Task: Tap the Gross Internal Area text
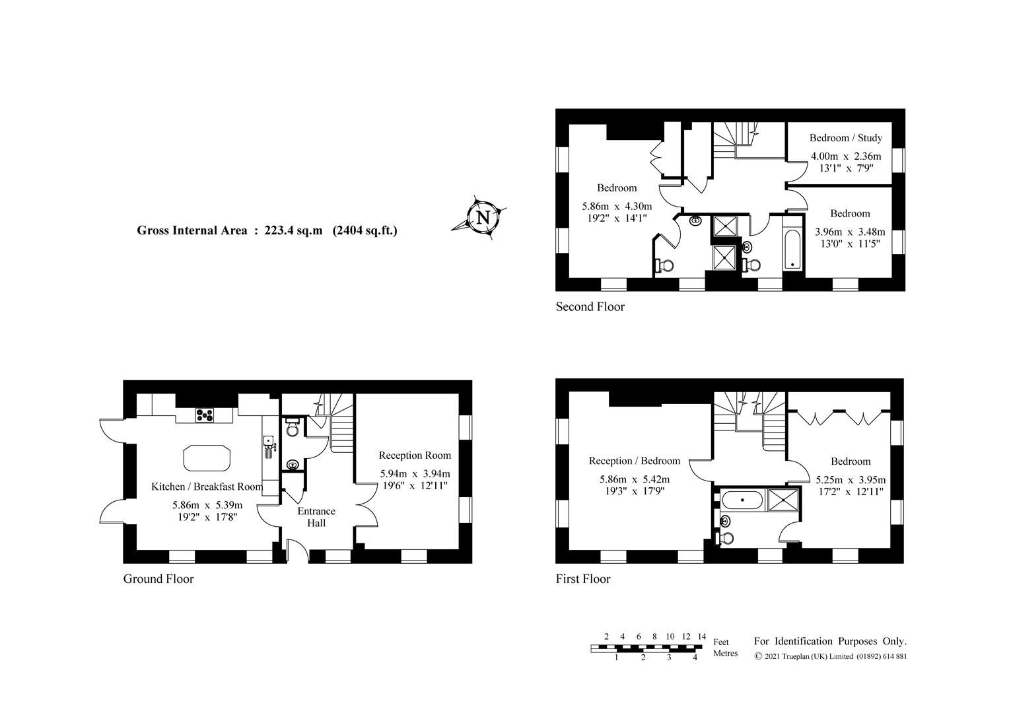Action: (x=267, y=230)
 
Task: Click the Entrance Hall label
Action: (x=316, y=517)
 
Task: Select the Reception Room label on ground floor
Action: (x=415, y=456)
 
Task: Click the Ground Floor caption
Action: (x=158, y=579)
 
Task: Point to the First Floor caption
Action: (x=583, y=579)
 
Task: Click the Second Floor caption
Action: (x=590, y=306)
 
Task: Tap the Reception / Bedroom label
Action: (x=634, y=461)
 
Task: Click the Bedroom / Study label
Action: (x=845, y=138)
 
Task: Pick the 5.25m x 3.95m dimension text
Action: (x=851, y=480)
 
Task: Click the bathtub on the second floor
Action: (x=792, y=250)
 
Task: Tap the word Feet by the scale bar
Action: (x=721, y=642)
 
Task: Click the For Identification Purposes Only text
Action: (x=830, y=641)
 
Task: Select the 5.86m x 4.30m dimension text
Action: (x=616, y=206)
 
